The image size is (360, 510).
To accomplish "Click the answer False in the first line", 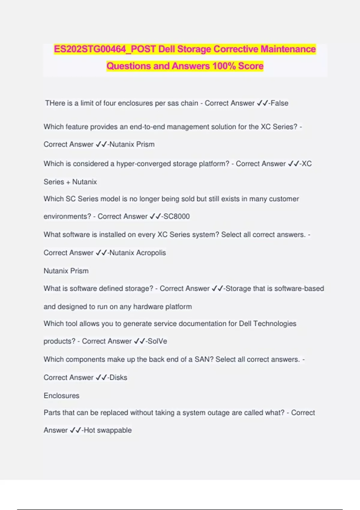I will (279, 103).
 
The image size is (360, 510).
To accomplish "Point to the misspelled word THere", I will (55, 103).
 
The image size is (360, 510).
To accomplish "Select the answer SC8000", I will (176, 216).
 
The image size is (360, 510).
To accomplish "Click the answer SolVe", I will (157, 341).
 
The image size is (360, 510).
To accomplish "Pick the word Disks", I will (118, 377).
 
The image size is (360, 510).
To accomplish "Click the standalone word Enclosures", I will (61, 396).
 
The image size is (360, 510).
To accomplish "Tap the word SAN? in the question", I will (204, 359).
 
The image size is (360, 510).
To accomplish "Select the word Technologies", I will (275, 324).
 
